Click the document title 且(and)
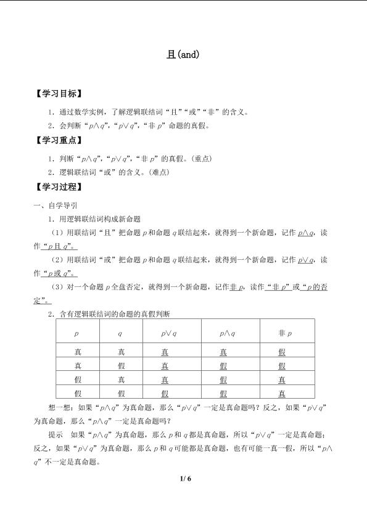click(183, 54)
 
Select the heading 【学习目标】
click(58, 94)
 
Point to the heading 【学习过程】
click(58, 187)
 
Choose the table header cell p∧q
click(223, 333)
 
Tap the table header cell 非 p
click(284, 333)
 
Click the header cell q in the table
click(121, 333)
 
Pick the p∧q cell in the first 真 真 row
click(223, 352)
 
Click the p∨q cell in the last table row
click(165, 393)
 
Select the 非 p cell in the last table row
click(282, 393)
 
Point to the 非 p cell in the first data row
click(282, 352)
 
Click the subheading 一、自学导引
click(56, 205)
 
